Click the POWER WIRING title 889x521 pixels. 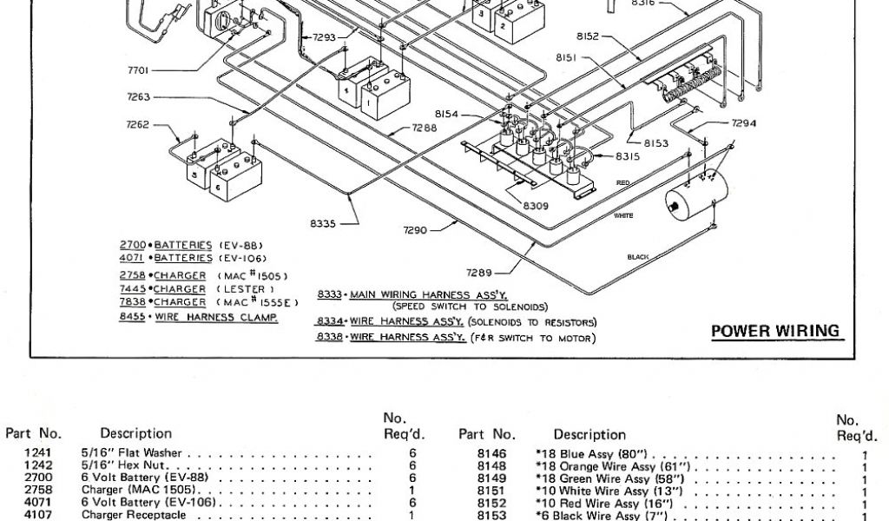click(775, 331)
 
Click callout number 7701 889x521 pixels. click(139, 70)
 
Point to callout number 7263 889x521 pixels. click(138, 97)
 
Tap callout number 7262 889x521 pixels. click(138, 124)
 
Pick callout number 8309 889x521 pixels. click(536, 206)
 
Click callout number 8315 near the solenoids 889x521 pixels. click(628, 156)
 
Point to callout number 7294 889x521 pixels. click(744, 123)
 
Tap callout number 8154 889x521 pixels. click(446, 115)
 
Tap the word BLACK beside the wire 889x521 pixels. click(638, 256)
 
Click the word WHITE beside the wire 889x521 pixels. click(623, 214)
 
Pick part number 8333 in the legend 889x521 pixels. click(331, 294)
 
